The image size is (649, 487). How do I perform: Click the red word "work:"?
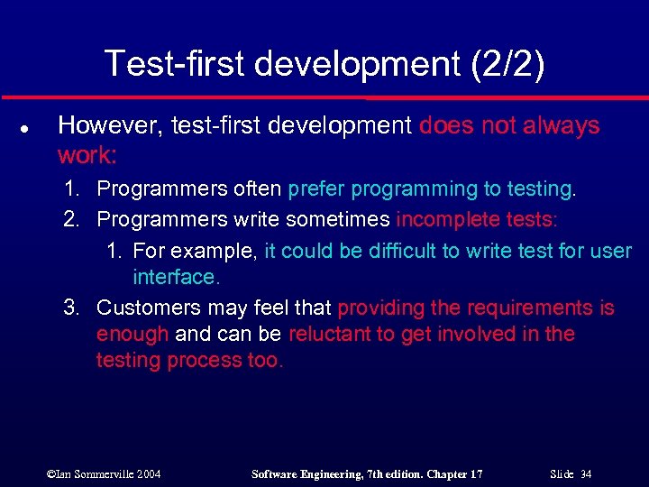[x=87, y=155]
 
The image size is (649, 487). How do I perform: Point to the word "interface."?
[x=177, y=276]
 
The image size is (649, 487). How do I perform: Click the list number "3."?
[x=74, y=308]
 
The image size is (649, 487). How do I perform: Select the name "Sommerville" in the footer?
[x=105, y=473]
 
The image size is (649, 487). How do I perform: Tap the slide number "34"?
[x=587, y=473]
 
